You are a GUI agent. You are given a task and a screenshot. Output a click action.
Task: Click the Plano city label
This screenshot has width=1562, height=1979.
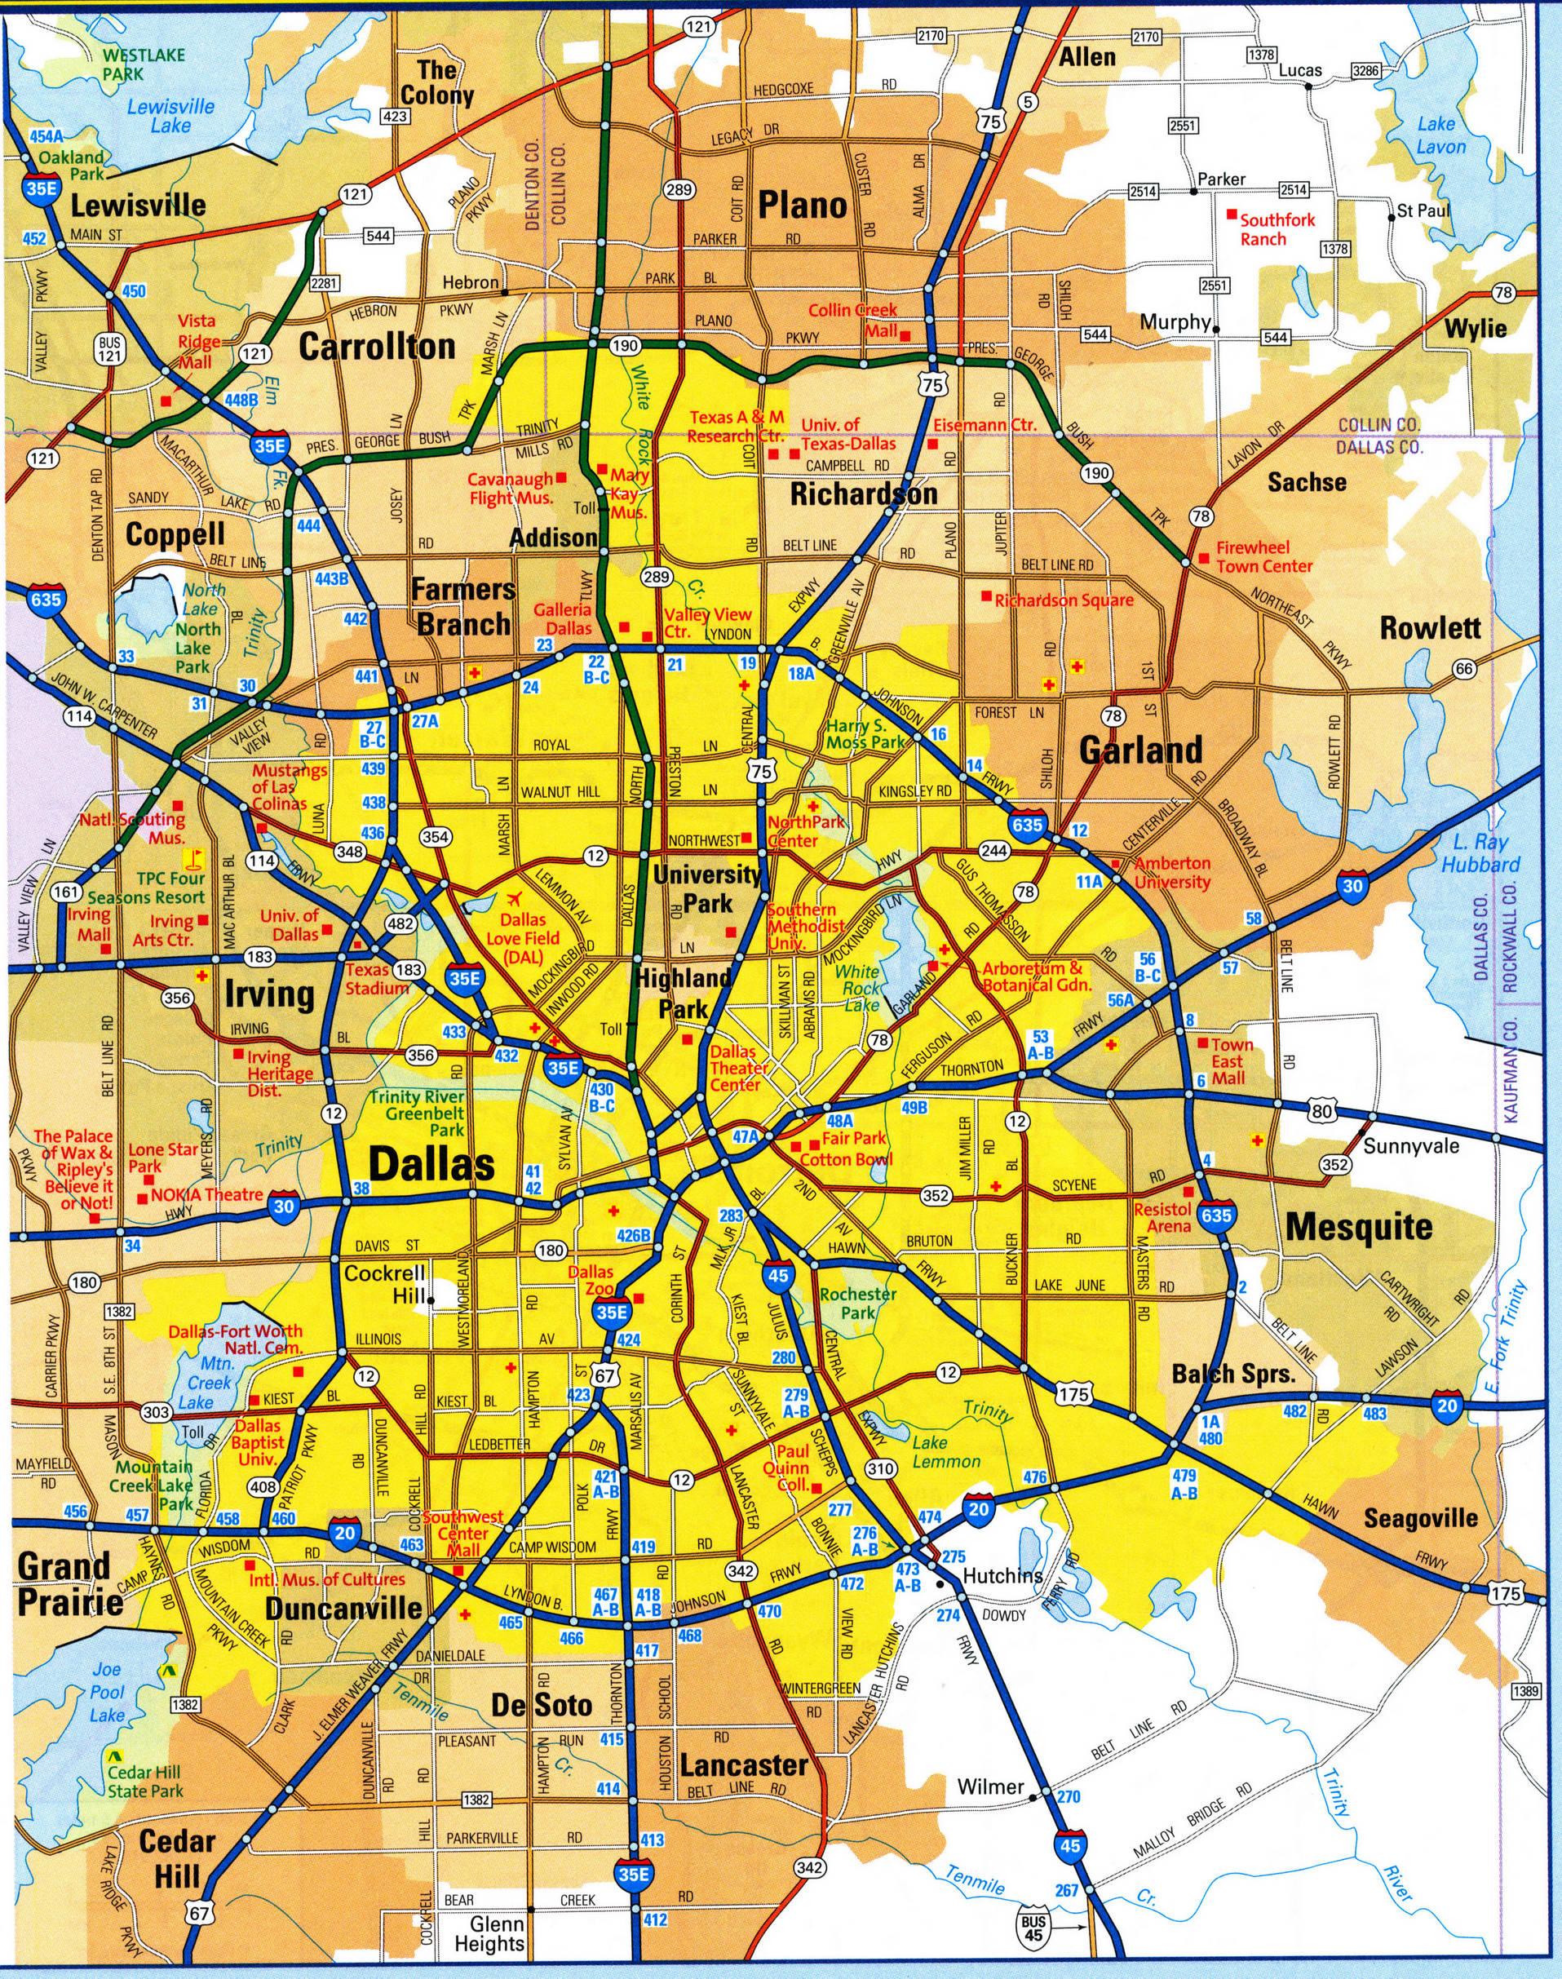tap(802, 205)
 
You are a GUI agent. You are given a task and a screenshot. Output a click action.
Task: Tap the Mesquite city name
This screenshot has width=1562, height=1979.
tap(1359, 1226)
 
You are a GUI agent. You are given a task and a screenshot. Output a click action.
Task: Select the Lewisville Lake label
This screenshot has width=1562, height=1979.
tap(171, 116)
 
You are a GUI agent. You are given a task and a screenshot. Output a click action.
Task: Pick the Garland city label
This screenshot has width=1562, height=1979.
tap(1140, 749)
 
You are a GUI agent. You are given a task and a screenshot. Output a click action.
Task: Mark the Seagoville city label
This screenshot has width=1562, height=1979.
tap(1420, 1518)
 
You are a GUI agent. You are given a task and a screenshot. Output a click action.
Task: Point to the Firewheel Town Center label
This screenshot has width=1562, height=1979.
tap(1263, 556)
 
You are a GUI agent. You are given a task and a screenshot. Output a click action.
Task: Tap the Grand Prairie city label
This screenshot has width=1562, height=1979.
tap(69, 1583)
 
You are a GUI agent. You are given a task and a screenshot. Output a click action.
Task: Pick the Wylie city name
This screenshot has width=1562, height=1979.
tap(1475, 327)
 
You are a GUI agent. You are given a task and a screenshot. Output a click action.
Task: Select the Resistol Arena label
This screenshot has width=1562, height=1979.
tap(1162, 1217)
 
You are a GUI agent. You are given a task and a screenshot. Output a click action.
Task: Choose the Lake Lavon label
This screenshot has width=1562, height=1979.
tap(1440, 135)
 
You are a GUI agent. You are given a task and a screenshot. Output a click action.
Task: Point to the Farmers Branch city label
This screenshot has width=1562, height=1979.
tap(462, 607)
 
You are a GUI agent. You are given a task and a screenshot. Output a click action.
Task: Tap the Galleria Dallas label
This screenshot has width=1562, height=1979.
tap(569, 618)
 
